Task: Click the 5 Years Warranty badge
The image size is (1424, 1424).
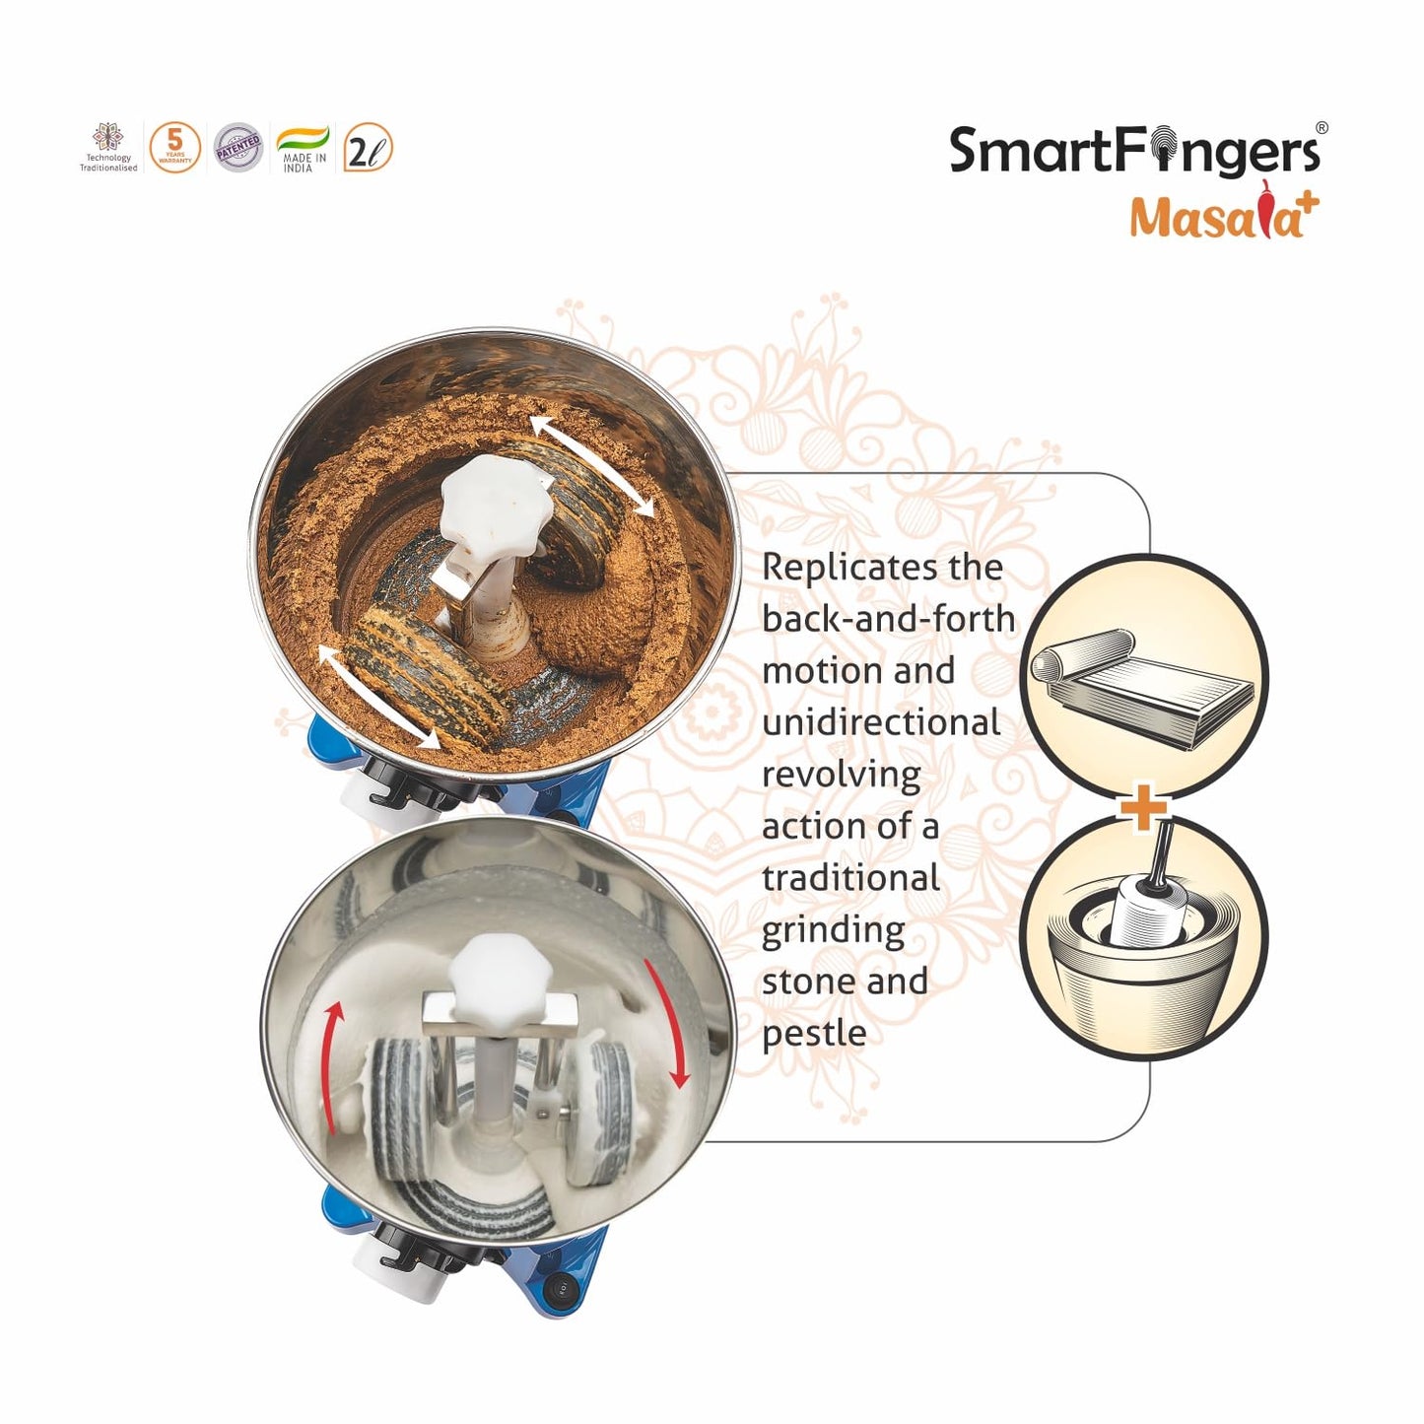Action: point(174,148)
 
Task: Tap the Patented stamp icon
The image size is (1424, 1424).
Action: point(238,148)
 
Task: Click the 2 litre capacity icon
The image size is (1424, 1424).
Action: point(368,149)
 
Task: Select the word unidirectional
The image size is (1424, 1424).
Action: point(881,722)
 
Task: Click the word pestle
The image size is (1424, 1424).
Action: point(814,1033)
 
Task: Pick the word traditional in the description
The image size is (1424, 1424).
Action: point(850,877)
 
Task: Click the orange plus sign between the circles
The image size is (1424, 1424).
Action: point(1143,809)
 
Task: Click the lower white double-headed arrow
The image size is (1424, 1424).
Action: point(378,696)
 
